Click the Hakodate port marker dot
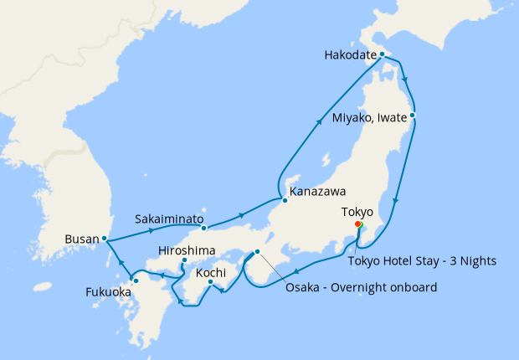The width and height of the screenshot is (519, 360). [382, 54]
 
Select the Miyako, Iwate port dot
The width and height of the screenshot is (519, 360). [413, 115]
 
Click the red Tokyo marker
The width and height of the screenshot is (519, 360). [357, 224]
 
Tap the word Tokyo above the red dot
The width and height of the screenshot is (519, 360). [358, 212]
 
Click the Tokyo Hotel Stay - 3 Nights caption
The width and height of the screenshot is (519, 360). [421, 260]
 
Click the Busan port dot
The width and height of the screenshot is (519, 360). [105, 239]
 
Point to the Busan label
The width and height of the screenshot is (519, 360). [81, 239]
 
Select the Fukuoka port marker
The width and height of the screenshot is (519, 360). [135, 280]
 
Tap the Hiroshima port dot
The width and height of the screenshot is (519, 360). [184, 261]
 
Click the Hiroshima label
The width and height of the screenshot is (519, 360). [186, 250]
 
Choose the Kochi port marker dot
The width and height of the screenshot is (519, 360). [210, 281]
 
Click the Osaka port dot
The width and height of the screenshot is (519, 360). [257, 252]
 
